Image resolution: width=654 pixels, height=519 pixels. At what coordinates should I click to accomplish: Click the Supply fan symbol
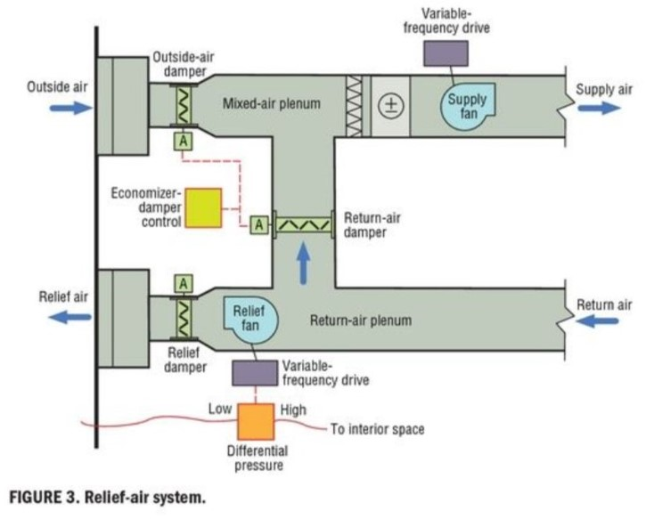pos(467,106)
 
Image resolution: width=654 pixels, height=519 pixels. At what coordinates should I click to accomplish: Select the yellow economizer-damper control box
pos(203,207)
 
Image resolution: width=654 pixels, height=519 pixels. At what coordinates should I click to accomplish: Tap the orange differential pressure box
pos(258,421)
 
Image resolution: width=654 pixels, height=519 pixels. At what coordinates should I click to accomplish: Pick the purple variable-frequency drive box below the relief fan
pos(254,372)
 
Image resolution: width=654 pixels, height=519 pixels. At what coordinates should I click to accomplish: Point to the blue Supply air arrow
pos(598,108)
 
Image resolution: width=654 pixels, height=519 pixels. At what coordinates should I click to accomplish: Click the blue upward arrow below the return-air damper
pos(303,264)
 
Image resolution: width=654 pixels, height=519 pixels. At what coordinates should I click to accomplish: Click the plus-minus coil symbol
pos(389,106)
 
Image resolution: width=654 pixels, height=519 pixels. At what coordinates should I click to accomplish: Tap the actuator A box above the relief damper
pos(184,283)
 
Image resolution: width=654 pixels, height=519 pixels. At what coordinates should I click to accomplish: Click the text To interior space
pos(377,429)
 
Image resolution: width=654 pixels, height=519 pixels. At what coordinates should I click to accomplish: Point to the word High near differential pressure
pos(293,410)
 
